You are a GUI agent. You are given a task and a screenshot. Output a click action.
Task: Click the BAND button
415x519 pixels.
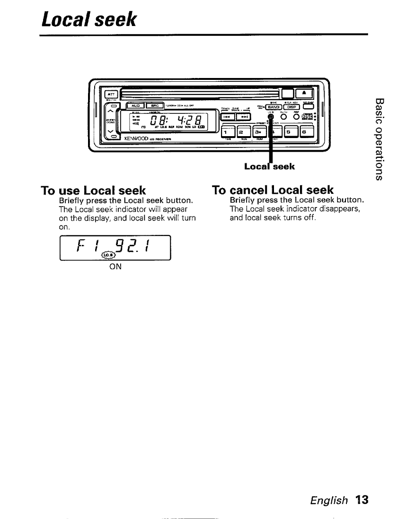click(276, 106)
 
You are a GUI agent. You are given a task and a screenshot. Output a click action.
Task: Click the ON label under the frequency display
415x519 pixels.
click(115, 266)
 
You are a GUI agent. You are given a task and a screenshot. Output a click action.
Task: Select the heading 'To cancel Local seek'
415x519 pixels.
click(273, 190)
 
